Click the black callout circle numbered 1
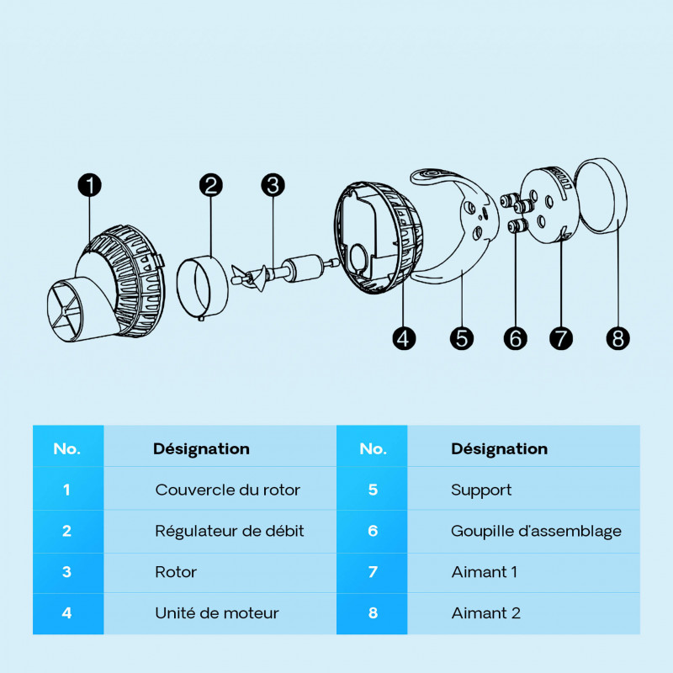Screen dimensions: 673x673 (x=90, y=185)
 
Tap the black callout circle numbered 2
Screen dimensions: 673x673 (x=211, y=185)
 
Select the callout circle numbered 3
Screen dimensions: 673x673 (x=273, y=185)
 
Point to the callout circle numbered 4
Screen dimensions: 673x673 (x=404, y=338)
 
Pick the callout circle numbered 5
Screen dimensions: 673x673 (x=461, y=338)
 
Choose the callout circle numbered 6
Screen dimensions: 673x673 (x=516, y=338)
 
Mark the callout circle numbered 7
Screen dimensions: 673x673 (x=561, y=338)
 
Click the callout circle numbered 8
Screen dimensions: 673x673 (x=618, y=338)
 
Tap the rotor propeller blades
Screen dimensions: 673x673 (x=253, y=278)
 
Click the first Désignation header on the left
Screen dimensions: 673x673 (x=201, y=449)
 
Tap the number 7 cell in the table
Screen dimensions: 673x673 (x=372, y=572)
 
